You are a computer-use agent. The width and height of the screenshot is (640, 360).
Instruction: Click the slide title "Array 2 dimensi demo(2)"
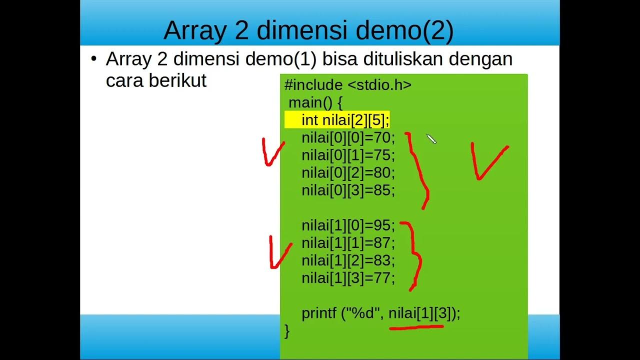(308, 30)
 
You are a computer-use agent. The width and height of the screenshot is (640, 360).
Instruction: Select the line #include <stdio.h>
(348, 85)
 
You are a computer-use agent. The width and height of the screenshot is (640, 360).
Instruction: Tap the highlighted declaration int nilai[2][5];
(345, 120)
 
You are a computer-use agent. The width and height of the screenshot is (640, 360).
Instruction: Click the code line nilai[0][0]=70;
(348, 137)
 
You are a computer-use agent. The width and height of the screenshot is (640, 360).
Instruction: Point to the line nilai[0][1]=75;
(348, 155)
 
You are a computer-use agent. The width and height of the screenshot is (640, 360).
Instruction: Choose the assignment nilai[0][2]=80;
(348, 172)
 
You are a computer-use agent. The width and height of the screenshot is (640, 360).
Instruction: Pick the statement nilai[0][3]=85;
(348, 190)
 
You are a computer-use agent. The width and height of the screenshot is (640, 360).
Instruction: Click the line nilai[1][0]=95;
(348, 225)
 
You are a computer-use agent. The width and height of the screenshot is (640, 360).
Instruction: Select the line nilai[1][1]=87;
(348, 243)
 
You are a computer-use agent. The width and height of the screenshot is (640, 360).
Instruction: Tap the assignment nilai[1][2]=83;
(348, 260)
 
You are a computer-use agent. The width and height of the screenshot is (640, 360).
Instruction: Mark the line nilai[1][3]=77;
(348, 278)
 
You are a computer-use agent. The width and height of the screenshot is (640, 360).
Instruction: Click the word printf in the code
(319, 313)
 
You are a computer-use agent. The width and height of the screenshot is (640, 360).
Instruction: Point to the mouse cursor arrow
(431, 139)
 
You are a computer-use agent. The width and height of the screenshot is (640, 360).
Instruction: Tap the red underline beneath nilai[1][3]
(416, 328)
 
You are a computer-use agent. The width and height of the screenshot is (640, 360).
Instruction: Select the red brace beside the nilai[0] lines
(419, 170)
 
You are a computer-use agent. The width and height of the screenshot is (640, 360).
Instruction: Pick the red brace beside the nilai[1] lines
(415, 255)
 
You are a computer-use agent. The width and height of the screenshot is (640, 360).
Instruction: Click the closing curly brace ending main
(287, 330)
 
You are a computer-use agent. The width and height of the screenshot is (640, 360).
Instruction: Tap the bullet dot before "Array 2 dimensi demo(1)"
(93, 59)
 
